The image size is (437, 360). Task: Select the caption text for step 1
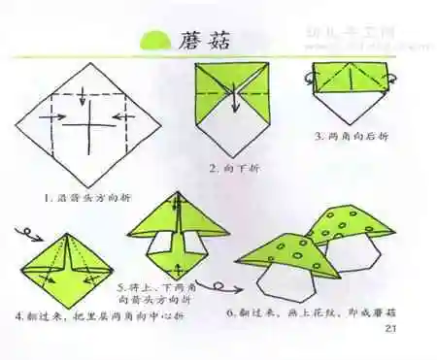click(88, 198)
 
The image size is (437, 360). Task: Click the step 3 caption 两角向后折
click(346, 135)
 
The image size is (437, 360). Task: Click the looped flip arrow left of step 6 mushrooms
click(226, 287)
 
